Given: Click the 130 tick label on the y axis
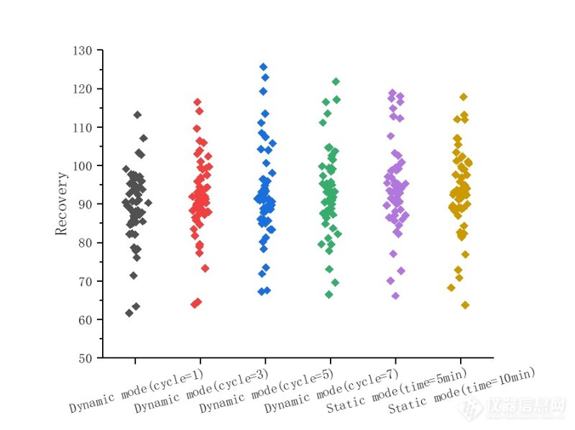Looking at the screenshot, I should point(84,50).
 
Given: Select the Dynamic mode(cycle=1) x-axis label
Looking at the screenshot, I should point(136,390).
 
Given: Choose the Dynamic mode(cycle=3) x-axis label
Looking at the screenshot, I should point(201,391).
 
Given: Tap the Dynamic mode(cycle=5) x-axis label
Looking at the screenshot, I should point(266,391).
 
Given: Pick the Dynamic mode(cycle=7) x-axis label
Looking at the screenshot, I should point(331,391).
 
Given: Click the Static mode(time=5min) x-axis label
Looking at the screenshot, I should point(397,389).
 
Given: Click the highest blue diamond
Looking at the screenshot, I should point(263,67).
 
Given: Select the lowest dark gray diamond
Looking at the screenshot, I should point(129,313).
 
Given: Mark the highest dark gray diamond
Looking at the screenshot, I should point(137,114).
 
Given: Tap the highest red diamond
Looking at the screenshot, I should point(197,102).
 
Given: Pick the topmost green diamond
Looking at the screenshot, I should point(336,82).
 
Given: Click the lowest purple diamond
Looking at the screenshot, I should point(395,296).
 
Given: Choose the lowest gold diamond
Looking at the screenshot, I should point(465,305).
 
